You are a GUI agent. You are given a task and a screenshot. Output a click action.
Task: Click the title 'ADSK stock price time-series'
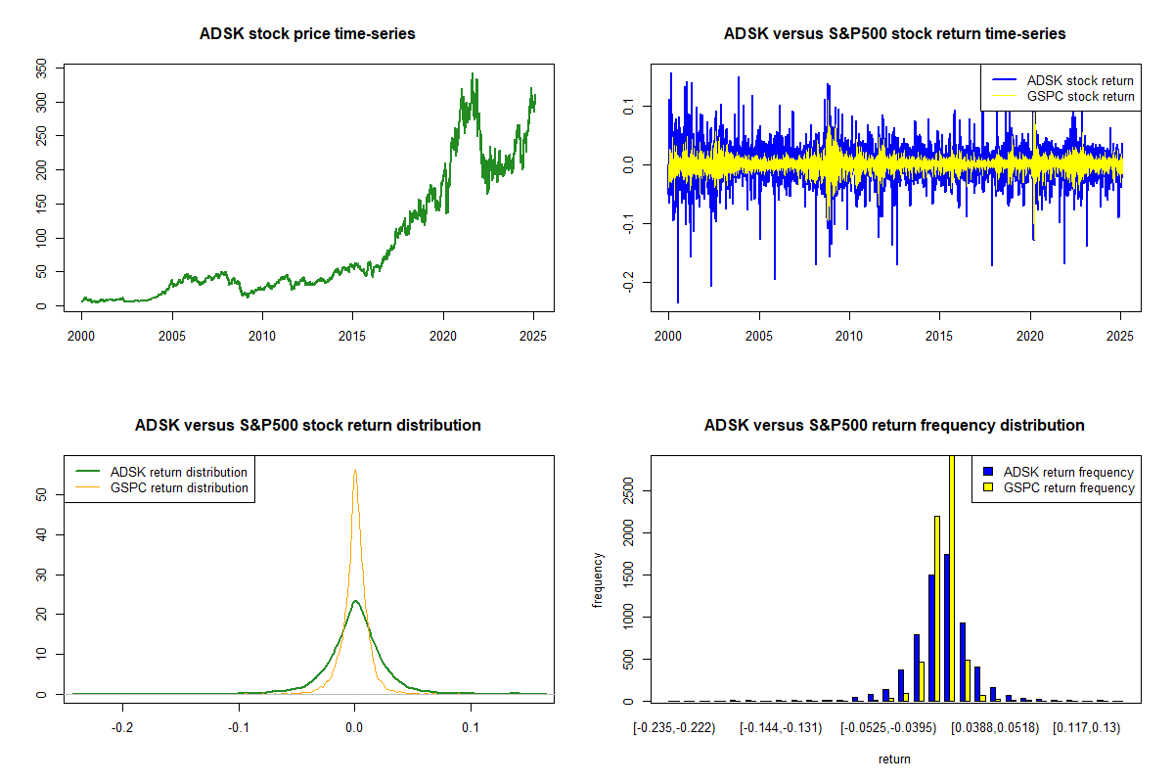[307, 34]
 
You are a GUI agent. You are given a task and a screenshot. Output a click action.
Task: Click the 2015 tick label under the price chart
[352, 337]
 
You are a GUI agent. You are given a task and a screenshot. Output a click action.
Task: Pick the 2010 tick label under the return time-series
[849, 337]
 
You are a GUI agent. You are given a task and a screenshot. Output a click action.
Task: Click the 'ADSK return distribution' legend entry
[179, 472]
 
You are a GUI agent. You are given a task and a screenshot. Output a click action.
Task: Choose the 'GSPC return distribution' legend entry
[179, 487]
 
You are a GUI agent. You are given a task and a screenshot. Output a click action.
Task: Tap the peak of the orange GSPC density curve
[355, 471]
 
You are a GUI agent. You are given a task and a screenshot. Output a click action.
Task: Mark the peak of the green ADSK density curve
[355, 601]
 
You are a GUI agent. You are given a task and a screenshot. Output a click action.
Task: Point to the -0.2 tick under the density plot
[122, 728]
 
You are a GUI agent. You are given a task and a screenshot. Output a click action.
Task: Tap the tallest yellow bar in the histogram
[952, 577]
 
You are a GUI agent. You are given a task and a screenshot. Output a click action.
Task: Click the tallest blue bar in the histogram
[946, 627]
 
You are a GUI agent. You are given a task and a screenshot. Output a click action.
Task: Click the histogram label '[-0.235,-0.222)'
[674, 728]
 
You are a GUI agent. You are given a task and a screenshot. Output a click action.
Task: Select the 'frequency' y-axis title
[599, 579]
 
